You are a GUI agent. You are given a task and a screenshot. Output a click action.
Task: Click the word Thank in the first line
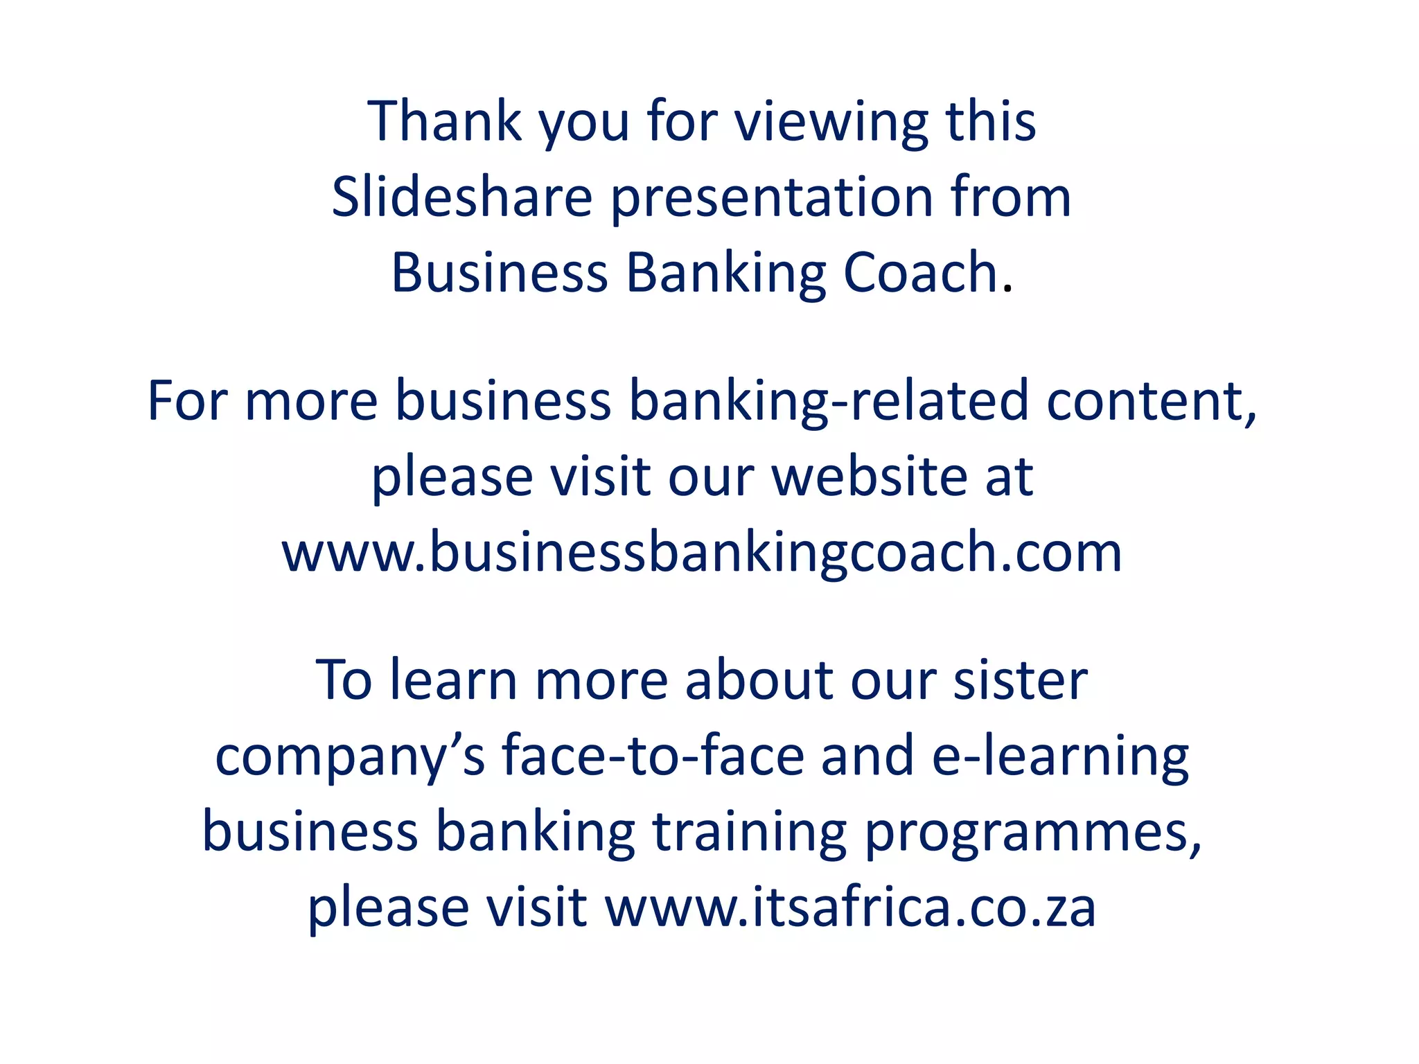(444, 122)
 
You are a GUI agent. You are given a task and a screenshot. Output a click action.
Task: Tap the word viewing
(831, 123)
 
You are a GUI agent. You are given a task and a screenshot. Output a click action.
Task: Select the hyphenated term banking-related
(829, 402)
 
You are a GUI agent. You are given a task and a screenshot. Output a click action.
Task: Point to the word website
(869, 477)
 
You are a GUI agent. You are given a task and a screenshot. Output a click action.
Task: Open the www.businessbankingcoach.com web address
(701, 553)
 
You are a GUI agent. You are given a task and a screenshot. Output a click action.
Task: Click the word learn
(453, 680)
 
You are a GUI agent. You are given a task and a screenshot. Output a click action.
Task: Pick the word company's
(350, 757)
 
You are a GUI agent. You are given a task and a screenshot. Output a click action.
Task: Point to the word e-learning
(1060, 757)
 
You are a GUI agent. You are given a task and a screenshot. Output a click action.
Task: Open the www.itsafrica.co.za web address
(850, 908)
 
